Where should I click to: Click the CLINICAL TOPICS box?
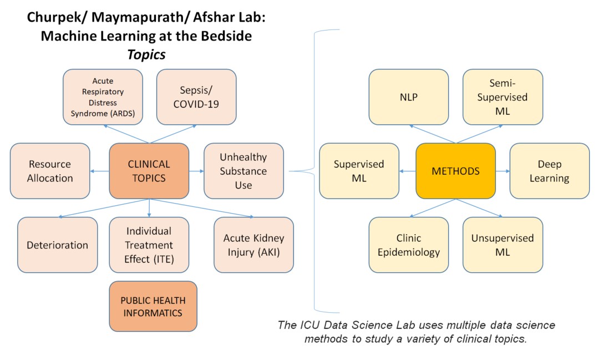[149, 171]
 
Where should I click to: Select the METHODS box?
[455, 171]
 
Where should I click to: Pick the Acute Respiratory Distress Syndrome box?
[103, 97]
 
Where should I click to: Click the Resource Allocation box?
[50, 171]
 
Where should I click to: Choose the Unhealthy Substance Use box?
[244, 171]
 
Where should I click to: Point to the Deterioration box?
[58, 245]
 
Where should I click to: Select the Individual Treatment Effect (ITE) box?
[149, 245]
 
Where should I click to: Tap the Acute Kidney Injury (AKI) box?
[254, 245]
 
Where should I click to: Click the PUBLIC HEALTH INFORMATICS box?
[153, 307]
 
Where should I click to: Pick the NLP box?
[409, 97]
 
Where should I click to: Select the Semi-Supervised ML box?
[503, 97]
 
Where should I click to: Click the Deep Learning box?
[549, 171]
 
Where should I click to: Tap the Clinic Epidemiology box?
[409, 245]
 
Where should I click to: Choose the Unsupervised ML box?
[503, 245]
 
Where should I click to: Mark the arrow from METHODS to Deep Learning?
[503, 171]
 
